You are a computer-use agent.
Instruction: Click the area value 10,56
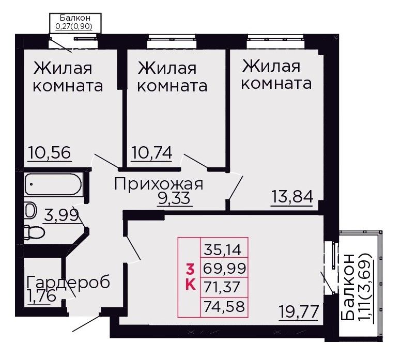(x=50, y=153)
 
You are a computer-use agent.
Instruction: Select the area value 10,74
(x=152, y=153)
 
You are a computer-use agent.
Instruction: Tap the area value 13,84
(x=292, y=197)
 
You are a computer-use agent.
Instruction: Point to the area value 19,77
(x=299, y=311)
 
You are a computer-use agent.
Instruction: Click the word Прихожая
(x=159, y=184)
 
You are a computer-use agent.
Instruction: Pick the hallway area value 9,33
(x=174, y=198)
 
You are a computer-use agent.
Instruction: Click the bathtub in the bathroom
(x=53, y=184)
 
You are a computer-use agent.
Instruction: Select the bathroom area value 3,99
(x=61, y=215)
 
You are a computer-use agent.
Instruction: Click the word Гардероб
(x=68, y=282)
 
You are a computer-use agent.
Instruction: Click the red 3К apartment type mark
(x=190, y=277)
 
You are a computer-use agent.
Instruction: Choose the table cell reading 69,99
(x=224, y=268)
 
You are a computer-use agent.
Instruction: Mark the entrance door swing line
(x=86, y=324)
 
